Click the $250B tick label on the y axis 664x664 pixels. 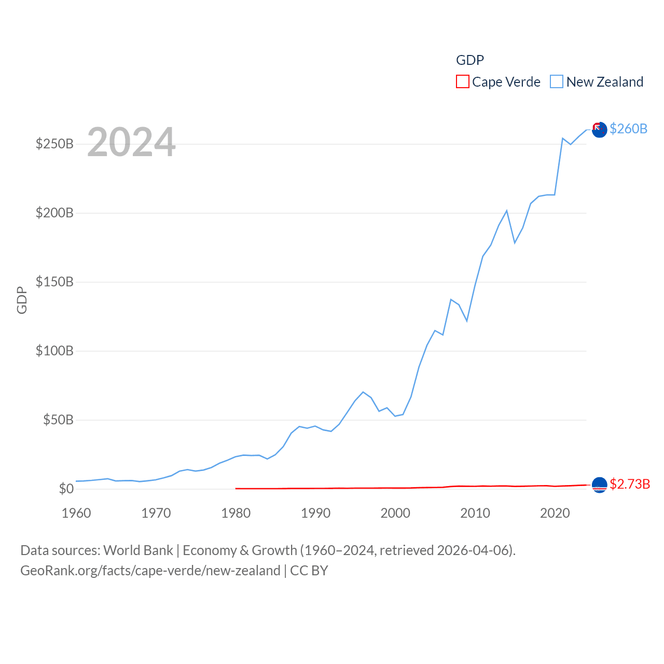[x=54, y=144]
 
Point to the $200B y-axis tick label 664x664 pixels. [x=54, y=213]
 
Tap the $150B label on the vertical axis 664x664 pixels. [x=54, y=282]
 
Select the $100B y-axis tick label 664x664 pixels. [x=54, y=351]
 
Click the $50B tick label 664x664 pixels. [x=58, y=420]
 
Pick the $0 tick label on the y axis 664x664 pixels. [x=66, y=489]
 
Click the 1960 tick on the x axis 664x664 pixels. [x=76, y=513]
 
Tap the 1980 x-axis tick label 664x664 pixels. [x=236, y=513]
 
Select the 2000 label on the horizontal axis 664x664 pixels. [x=395, y=513]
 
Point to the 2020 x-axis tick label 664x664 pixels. [x=555, y=513]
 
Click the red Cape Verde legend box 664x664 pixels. [x=463, y=82]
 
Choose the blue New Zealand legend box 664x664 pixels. [x=557, y=82]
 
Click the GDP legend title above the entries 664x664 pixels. [x=470, y=60]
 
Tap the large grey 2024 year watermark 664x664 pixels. [x=131, y=142]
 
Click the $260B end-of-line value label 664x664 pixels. [x=628, y=129]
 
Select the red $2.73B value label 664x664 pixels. [x=630, y=484]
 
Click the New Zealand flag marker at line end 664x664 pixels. [x=599, y=130]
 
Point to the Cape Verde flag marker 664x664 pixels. [x=599, y=485]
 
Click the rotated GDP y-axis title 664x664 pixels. [x=22, y=300]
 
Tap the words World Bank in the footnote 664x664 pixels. [x=138, y=550]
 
